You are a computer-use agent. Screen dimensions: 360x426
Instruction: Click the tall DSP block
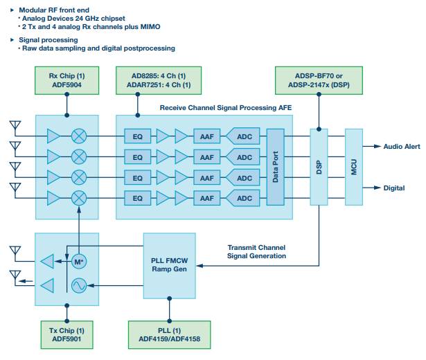319,166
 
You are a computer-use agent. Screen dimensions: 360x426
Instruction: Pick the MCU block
354,166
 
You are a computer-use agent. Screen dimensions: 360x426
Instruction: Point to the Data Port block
276,166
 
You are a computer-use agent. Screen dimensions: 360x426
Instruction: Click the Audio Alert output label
402,147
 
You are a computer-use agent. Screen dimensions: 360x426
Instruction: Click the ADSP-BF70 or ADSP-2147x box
318,80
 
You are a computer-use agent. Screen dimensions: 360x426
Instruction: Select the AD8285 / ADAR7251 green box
153,80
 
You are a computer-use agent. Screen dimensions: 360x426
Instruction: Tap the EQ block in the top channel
137,135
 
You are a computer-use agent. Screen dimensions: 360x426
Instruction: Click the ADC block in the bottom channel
245,199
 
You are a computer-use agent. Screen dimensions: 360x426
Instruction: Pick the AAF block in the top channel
206,135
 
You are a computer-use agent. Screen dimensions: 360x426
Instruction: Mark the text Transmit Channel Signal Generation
256,251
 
